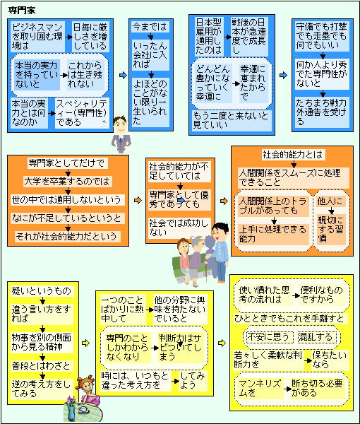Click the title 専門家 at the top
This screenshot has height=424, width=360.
[x=22, y=11]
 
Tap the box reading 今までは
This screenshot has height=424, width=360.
[x=150, y=27]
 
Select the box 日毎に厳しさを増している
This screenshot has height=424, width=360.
[x=90, y=37]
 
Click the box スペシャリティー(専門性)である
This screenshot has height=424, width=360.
[x=82, y=113]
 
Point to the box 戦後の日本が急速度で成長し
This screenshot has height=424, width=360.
[x=249, y=37]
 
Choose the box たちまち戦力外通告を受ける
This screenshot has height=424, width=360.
[x=322, y=112]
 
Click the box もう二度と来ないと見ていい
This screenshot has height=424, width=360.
[x=232, y=120]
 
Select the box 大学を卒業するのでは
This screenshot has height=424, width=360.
[x=68, y=182]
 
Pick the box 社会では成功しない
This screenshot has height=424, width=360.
[x=179, y=228]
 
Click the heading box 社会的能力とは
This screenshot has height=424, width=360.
[x=293, y=155]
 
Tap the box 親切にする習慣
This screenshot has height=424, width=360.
[x=331, y=229]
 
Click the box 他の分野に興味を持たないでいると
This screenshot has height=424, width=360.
[x=180, y=310]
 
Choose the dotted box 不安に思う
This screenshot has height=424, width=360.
[x=269, y=337]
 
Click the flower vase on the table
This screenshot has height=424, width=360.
[x=71, y=409]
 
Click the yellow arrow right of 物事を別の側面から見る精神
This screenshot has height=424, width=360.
[x=85, y=343]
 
